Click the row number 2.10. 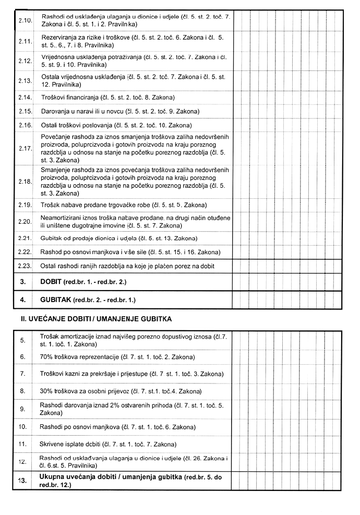(25, 20)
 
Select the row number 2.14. (25, 98)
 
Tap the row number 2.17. (25, 148)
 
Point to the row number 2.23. (25, 267)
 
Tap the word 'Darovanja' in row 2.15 (54, 112)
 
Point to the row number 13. (22, 481)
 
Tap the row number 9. (22, 409)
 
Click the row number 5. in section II (22, 340)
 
